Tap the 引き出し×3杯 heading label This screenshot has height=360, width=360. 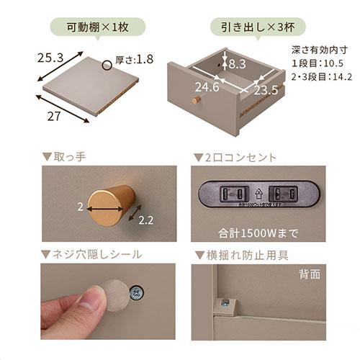262,29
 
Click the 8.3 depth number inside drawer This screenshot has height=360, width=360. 236,64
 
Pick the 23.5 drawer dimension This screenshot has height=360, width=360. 266,90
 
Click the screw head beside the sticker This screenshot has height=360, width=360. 135,291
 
